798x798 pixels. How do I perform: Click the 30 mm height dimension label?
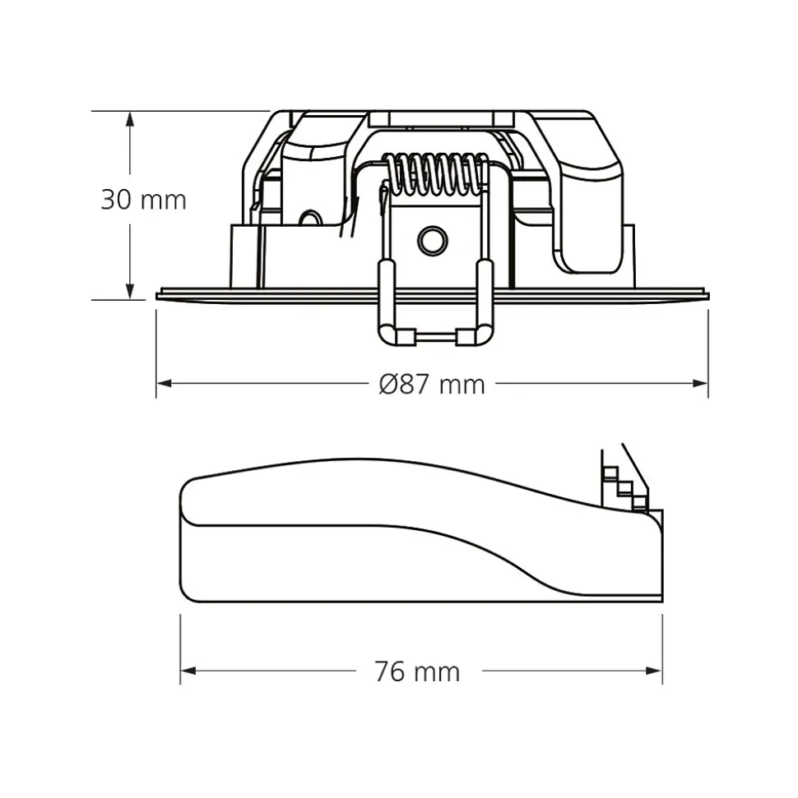144,200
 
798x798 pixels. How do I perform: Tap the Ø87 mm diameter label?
432,385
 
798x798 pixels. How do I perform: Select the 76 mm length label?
417,671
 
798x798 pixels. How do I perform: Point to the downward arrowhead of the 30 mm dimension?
131,292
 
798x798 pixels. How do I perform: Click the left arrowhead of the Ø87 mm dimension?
164,383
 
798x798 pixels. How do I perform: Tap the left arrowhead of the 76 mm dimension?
188,671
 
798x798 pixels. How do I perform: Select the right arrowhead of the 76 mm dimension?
654,671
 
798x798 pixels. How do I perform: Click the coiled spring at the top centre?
434,173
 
